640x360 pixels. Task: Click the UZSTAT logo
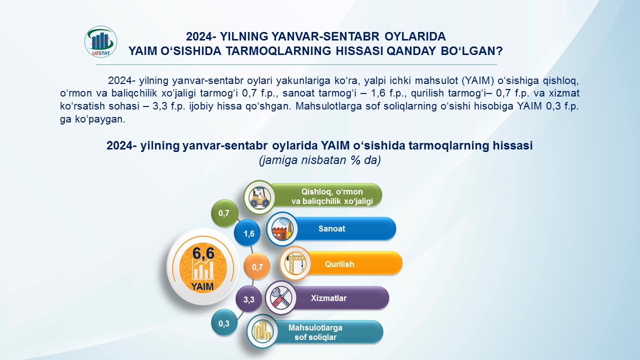coord(100,41)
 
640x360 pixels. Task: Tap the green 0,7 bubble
coord(224,213)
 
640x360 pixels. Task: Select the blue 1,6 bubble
coord(247,233)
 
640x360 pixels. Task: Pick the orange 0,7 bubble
coord(257,266)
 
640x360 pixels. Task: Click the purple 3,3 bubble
coord(249,299)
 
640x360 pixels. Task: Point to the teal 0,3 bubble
coord(224,323)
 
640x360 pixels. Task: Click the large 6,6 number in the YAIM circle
coord(203,253)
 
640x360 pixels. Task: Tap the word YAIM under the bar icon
coord(202,286)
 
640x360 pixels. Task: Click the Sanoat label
coord(331,228)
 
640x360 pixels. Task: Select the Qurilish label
coord(339,264)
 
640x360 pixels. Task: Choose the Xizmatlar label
coord(328,298)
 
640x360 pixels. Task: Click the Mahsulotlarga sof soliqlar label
coord(315,332)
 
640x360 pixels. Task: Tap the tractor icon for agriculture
coord(259,197)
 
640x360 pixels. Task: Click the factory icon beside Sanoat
coord(282,229)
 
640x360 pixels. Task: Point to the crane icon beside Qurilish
coord(295,263)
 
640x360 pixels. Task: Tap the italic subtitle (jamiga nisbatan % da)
coord(319,160)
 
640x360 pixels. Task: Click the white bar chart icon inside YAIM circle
coord(203,270)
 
